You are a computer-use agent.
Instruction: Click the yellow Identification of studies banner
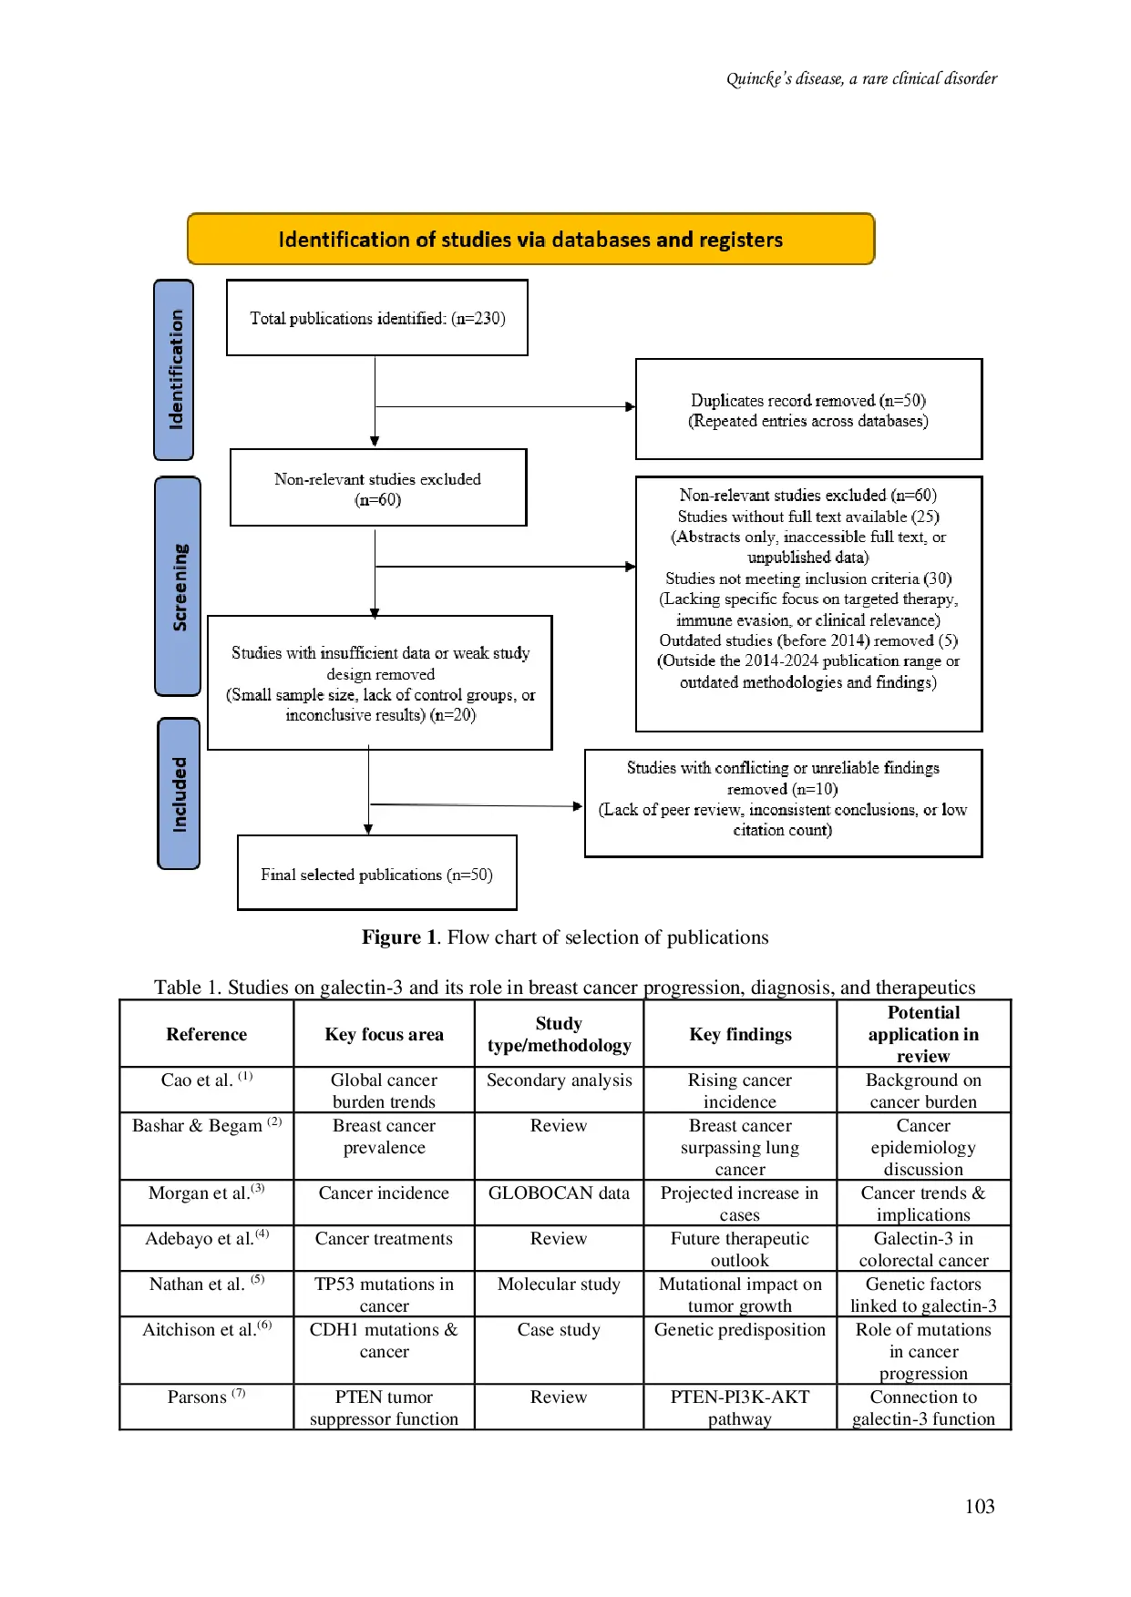(x=530, y=240)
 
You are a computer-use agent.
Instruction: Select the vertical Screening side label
(x=178, y=587)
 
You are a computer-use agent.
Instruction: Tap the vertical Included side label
(x=179, y=793)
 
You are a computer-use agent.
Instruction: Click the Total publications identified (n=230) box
(x=377, y=318)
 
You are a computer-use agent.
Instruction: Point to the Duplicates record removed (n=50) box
(x=808, y=410)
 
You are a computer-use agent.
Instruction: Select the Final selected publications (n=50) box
(x=376, y=874)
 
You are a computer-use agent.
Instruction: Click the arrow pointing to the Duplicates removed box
(x=630, y=407)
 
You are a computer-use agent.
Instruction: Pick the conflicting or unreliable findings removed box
(x=783, y=803)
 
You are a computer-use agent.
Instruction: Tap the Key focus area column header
(x=384, y=1034)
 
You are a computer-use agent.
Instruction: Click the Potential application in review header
(x=923, y=1034)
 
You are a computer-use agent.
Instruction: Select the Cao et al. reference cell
(x=206, y=1090)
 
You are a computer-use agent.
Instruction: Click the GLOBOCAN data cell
(x=559, y=1203)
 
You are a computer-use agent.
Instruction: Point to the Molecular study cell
(x=559, y=1294)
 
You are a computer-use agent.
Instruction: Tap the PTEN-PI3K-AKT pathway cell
(x=739, y=1407)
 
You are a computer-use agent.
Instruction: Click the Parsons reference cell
(x=206, y=1407)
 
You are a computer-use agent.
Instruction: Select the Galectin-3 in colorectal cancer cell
(x=923, y=1248)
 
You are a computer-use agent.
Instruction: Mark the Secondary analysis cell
(x=559, y=1090)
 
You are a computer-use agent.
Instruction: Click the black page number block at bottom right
(x=980, y=1504)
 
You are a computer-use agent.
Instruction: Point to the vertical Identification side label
(x=174, y=369)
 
